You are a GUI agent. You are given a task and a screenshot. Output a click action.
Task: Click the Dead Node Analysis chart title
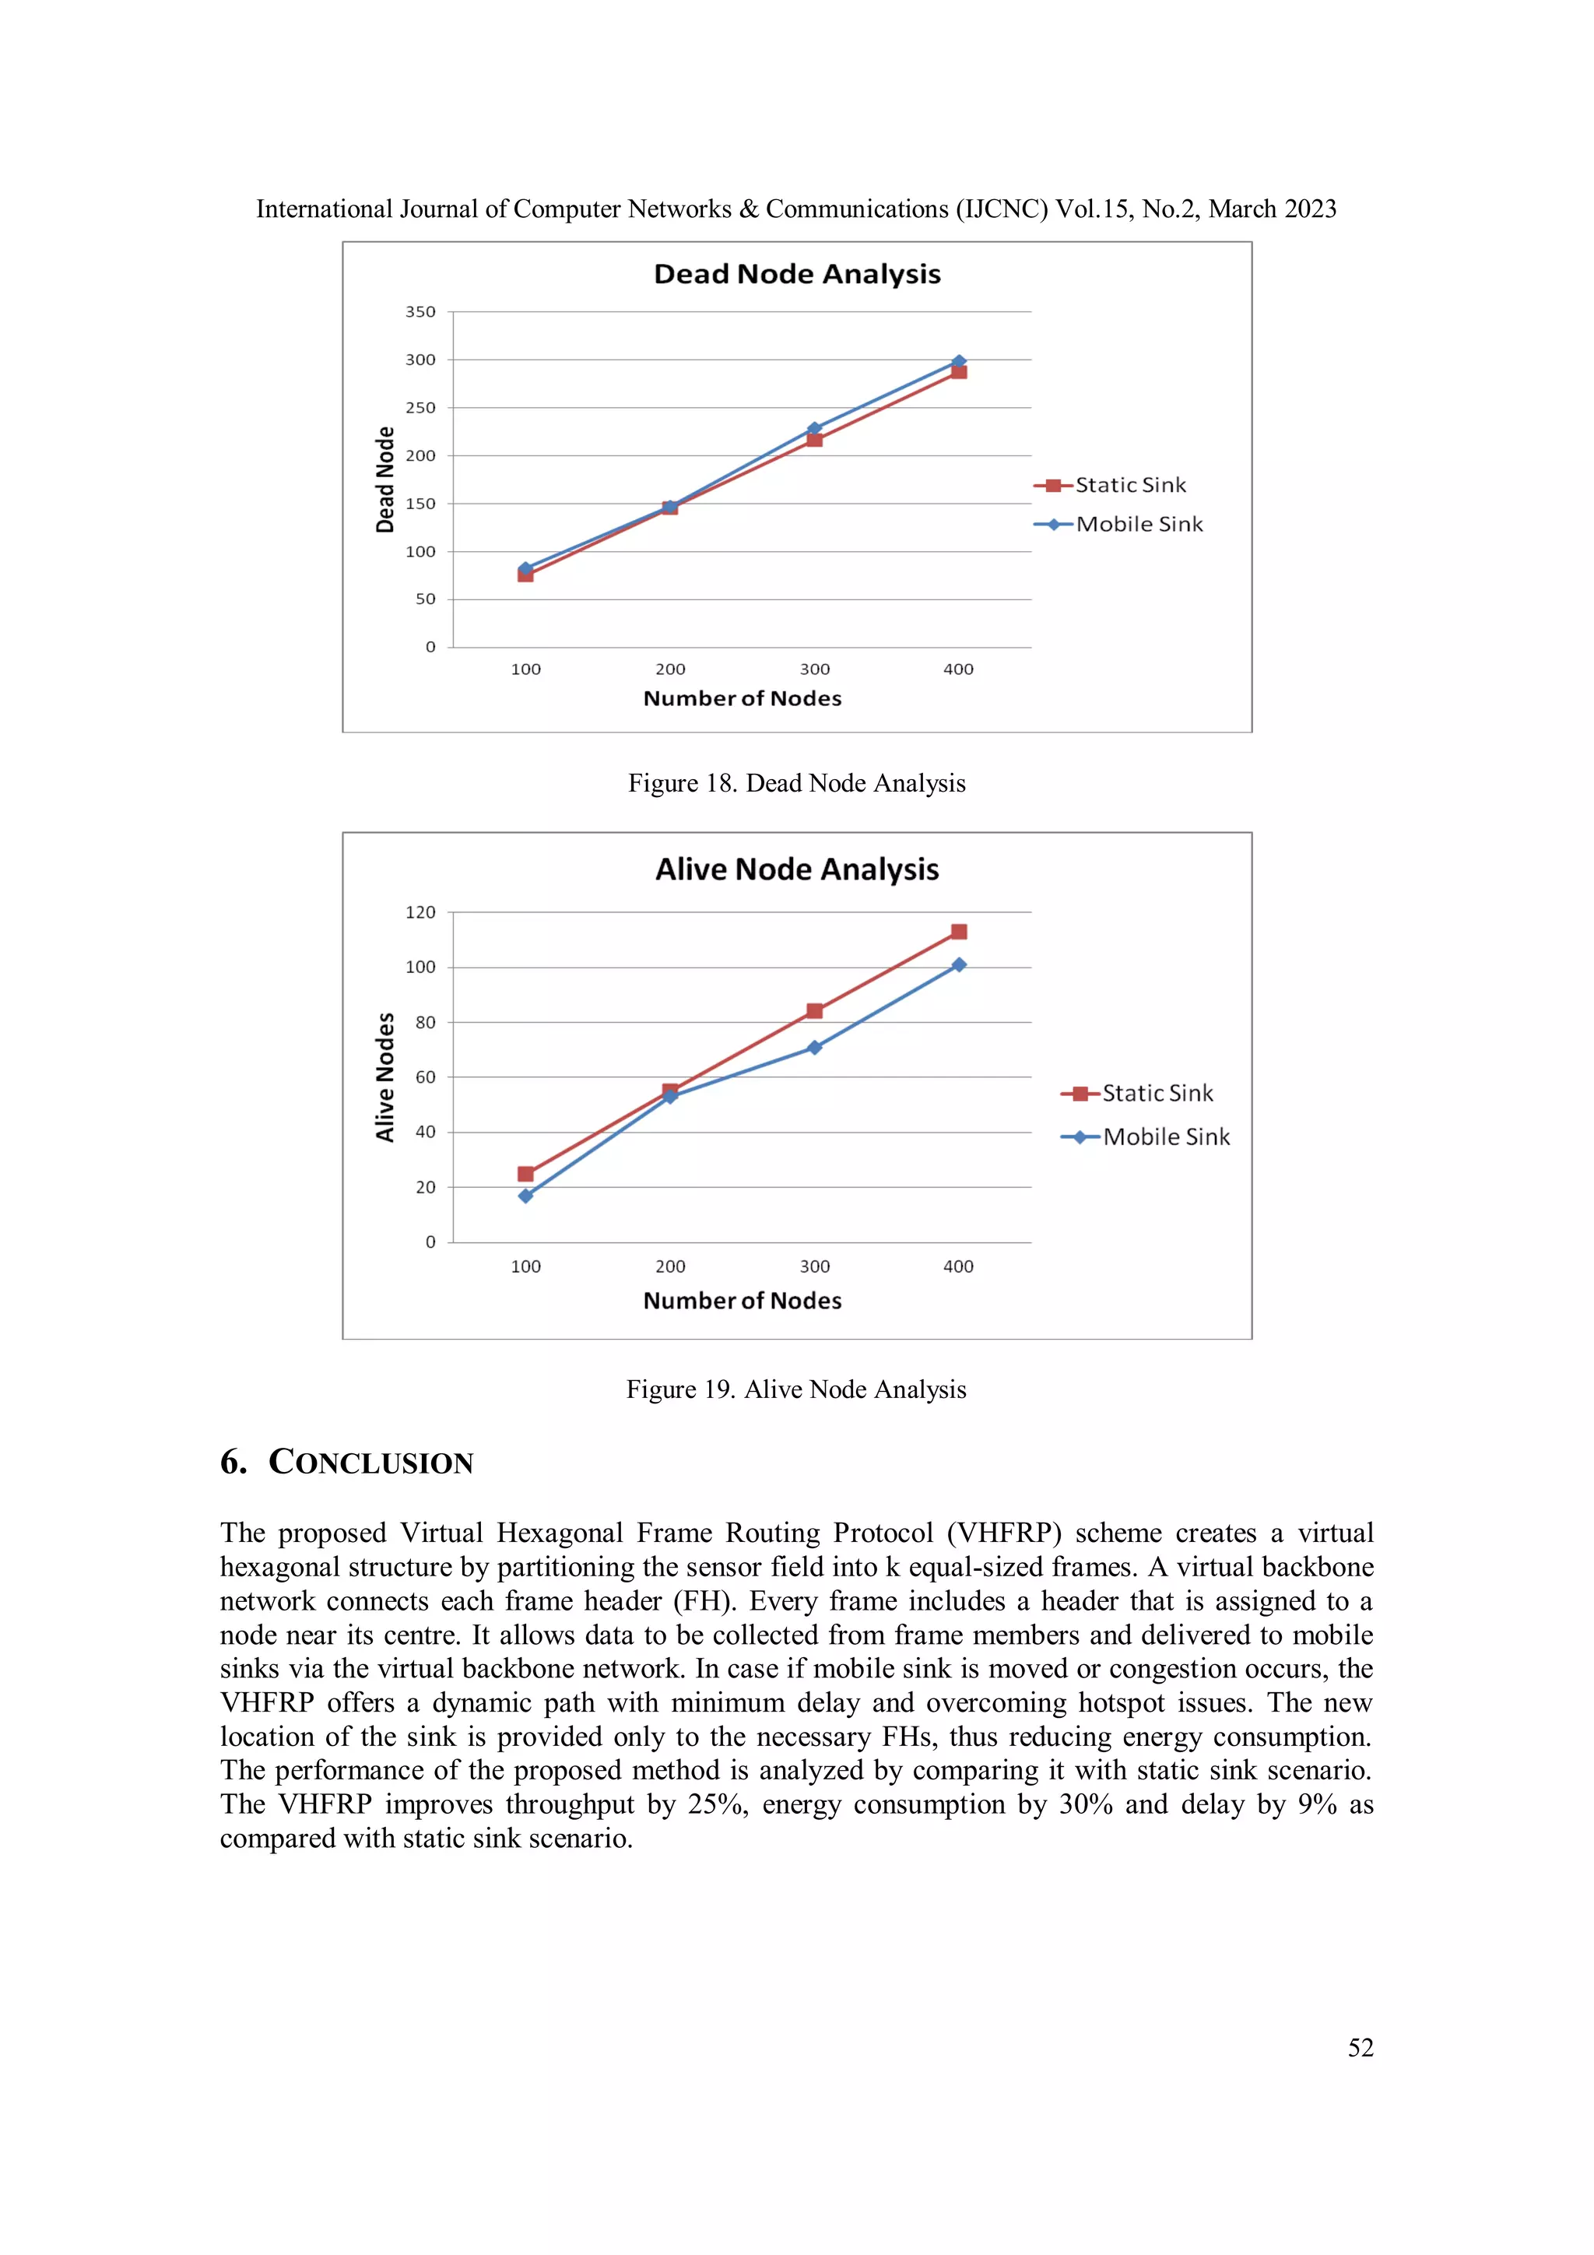[796, 274]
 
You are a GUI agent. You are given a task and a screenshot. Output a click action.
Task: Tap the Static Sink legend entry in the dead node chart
[1129, 485]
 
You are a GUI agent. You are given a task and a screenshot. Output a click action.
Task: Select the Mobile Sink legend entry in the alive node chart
[1165, 1137]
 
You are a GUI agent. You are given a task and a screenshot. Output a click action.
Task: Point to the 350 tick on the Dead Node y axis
[420, 311]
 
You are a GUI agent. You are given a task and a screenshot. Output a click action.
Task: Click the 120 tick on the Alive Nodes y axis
[420, 912]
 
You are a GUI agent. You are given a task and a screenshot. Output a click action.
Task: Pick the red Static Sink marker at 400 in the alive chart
[959, 931]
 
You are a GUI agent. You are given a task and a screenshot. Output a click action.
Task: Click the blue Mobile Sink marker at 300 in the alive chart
[814, 1048]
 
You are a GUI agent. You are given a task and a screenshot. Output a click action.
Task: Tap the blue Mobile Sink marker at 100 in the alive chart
[525, 1196]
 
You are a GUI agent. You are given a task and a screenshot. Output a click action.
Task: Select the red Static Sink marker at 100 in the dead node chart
[525, 575]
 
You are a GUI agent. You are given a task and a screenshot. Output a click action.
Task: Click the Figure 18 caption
[796, 783]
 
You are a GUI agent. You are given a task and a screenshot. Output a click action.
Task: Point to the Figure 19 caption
[796, 1389]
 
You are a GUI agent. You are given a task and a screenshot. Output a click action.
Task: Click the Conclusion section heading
[346, 1463]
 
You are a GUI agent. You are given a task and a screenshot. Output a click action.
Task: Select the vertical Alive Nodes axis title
[385, 1077]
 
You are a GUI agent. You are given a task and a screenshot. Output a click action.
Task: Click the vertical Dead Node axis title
[385, 479]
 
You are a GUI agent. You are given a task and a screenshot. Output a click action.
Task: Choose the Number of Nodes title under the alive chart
[743, 1301]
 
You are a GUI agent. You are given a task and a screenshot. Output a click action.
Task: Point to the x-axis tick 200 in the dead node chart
[670, 669]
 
